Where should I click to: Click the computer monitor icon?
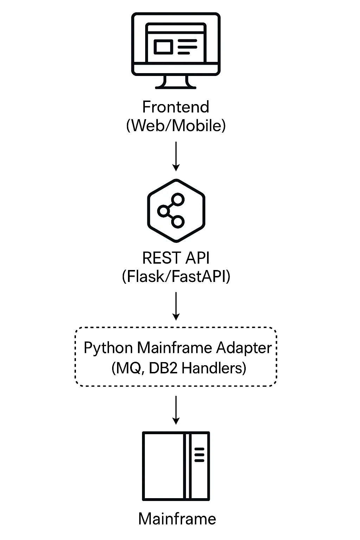point(176,51)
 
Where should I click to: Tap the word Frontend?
point(175,107)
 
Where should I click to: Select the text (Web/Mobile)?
point(176,126)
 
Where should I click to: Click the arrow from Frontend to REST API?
point(176,156)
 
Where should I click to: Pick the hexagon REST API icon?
point(176,211)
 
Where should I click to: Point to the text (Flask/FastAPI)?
point(176,276)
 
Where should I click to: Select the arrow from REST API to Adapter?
point(176,306)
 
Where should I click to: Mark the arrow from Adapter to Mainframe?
point(176,410)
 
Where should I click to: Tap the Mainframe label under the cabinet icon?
point(177,519)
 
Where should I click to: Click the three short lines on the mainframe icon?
point(199,455)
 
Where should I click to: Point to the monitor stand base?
point(175,87)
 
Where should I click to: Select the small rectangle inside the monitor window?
point(163,47)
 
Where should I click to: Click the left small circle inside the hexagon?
point(163,211)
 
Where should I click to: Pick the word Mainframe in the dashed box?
point(174,348)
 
